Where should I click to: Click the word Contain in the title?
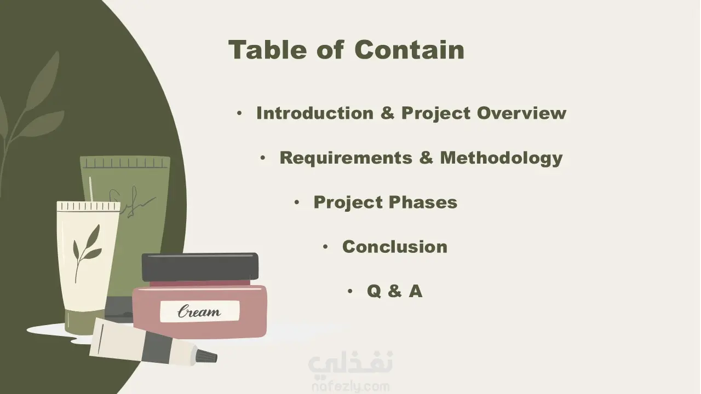pyautogui.click(x=409, y=50)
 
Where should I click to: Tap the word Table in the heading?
pyautogui.click(x=268, y=49)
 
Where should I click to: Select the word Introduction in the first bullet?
pyautogui.click(x=315, y=113)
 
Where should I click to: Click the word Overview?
pyautogui.click(x=522, y=113)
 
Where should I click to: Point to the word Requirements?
pyautogui.click(x=346, y=158)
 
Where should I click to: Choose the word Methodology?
pyautogui.click(x=502, y=158)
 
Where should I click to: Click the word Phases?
pyautogui.click(x=423, y=202)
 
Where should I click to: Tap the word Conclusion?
pyautogui.click(x=395, y=247)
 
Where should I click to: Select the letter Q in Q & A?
pyautogui.click(x=374, y=291)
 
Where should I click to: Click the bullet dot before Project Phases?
pyautogui.click(x=297, y=202)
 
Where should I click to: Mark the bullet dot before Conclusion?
pyautogui.click(x=325, y=247)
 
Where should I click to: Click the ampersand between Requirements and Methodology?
pyautogui.click(x=426, y=158)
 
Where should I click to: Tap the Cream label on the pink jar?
pyautogui.click(x=200, y=311)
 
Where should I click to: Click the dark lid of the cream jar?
pyautogui.click(x=200, y=266)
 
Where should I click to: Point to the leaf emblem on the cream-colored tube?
pyautogui.click(x=87, y=253)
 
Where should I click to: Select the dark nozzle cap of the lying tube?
pyautogui.click(x=207, y=356)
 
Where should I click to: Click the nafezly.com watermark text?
pyautogui.click(x=350, y=387)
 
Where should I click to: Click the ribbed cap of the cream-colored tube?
pyautogui.click(x=89, y=206)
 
